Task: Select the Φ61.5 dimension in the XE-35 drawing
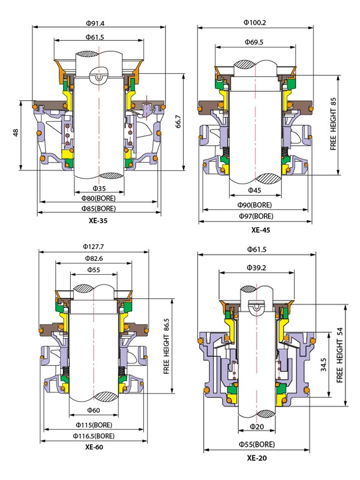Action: (x=95, y=37)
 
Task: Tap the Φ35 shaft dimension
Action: (x=99, y=188)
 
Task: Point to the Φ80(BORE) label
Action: (x=98, y=198)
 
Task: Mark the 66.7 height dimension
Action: (x=178, y=122)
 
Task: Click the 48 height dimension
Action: (x=16, y=132)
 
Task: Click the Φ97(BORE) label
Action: (x=255, y=215)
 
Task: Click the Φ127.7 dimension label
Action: (x=94, y=247)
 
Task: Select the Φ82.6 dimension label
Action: (x=94, y=258)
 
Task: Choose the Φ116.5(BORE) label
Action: (x=94, y=436)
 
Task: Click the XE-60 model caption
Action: (x=94, y=446)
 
